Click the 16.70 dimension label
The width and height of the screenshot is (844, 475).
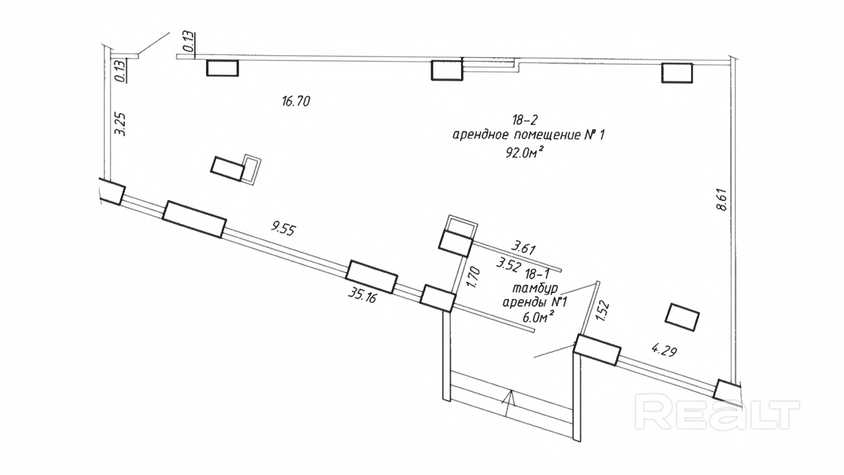click(296, 101)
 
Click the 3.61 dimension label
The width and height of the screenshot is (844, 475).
click(523, 248)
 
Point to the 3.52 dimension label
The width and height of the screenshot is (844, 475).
click(508, 264)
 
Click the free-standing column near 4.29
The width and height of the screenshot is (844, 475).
click(682, 317)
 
